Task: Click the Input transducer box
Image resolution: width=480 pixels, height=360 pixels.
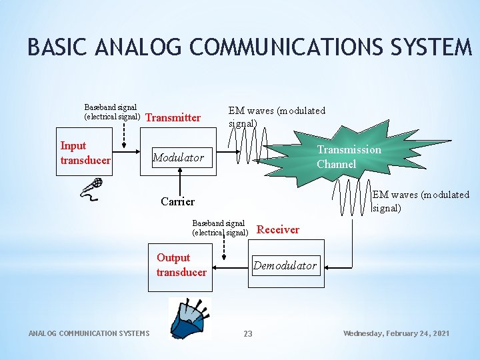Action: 85,153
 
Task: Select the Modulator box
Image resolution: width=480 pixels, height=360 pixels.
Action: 179,158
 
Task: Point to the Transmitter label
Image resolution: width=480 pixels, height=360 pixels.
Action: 173,118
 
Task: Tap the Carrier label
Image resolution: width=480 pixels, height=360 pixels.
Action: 177,201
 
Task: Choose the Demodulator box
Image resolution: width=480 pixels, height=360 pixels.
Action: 285,265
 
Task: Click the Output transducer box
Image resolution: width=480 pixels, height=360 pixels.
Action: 181,265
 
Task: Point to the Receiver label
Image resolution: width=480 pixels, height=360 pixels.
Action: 278,229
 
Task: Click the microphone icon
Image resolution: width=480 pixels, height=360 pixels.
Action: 92,187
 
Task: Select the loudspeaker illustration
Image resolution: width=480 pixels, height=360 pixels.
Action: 190,318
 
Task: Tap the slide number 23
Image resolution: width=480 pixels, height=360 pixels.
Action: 247,333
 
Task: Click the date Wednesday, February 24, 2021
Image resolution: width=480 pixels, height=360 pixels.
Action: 396,333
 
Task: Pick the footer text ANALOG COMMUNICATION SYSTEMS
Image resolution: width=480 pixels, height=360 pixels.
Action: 89,333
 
